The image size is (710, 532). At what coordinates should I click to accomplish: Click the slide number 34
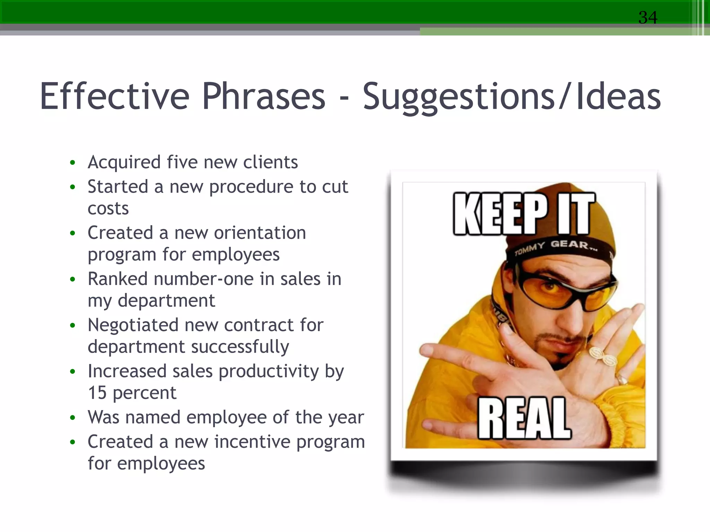point(648,17)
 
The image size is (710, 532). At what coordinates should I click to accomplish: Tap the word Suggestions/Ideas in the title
point(511,97)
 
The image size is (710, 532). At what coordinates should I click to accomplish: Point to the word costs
point(108,209)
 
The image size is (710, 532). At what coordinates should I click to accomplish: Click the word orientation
point(260,232)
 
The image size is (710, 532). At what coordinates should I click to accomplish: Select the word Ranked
point(118,279)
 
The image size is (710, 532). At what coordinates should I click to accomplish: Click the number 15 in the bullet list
point(97,393)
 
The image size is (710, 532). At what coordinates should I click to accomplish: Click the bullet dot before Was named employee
point(72,418)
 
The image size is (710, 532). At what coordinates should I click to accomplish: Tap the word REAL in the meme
point(523,419)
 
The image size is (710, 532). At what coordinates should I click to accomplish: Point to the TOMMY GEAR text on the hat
point(555,247)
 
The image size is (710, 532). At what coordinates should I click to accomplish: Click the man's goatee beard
point(555,350)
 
